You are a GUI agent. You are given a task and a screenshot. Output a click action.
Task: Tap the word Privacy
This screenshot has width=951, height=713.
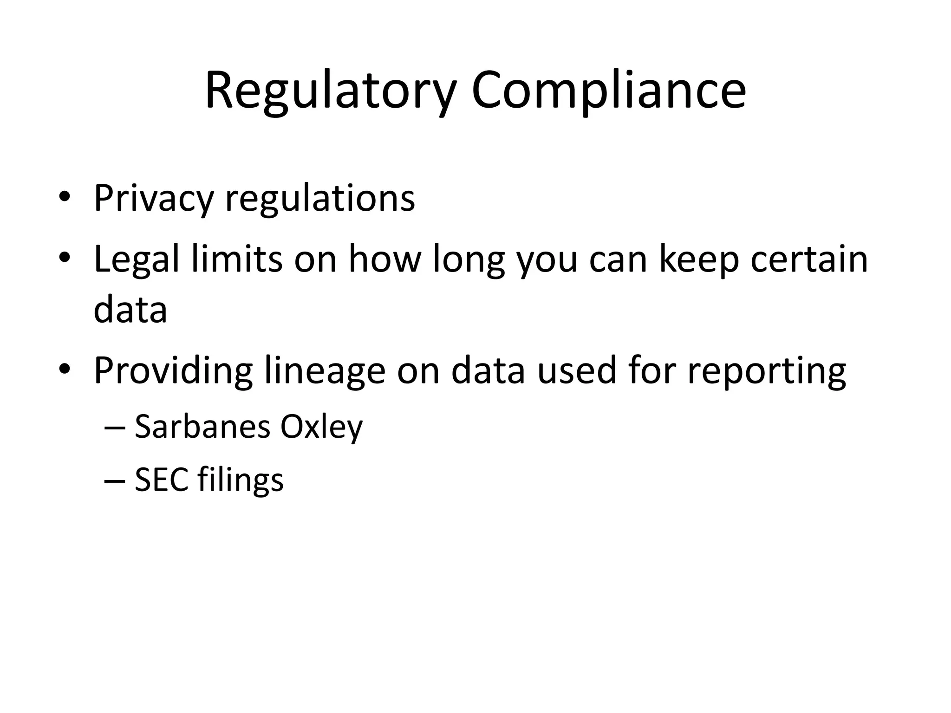coord(153,199)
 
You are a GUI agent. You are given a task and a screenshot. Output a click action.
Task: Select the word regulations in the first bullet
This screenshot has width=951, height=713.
coord(320,199)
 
